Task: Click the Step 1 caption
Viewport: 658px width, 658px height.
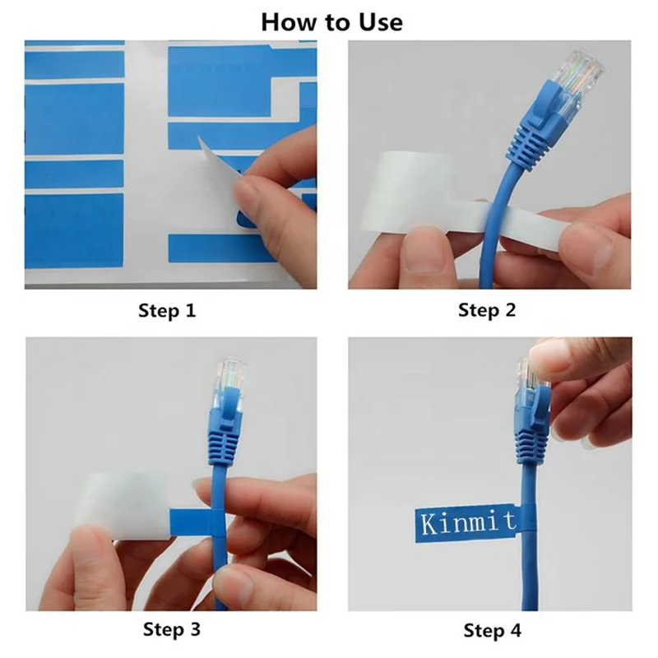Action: coord(167,311)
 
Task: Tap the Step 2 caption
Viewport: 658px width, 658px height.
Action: coord(486,310)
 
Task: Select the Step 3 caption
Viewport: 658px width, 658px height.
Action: coord(171,630)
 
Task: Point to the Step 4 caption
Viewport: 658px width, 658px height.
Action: coord(492,631)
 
